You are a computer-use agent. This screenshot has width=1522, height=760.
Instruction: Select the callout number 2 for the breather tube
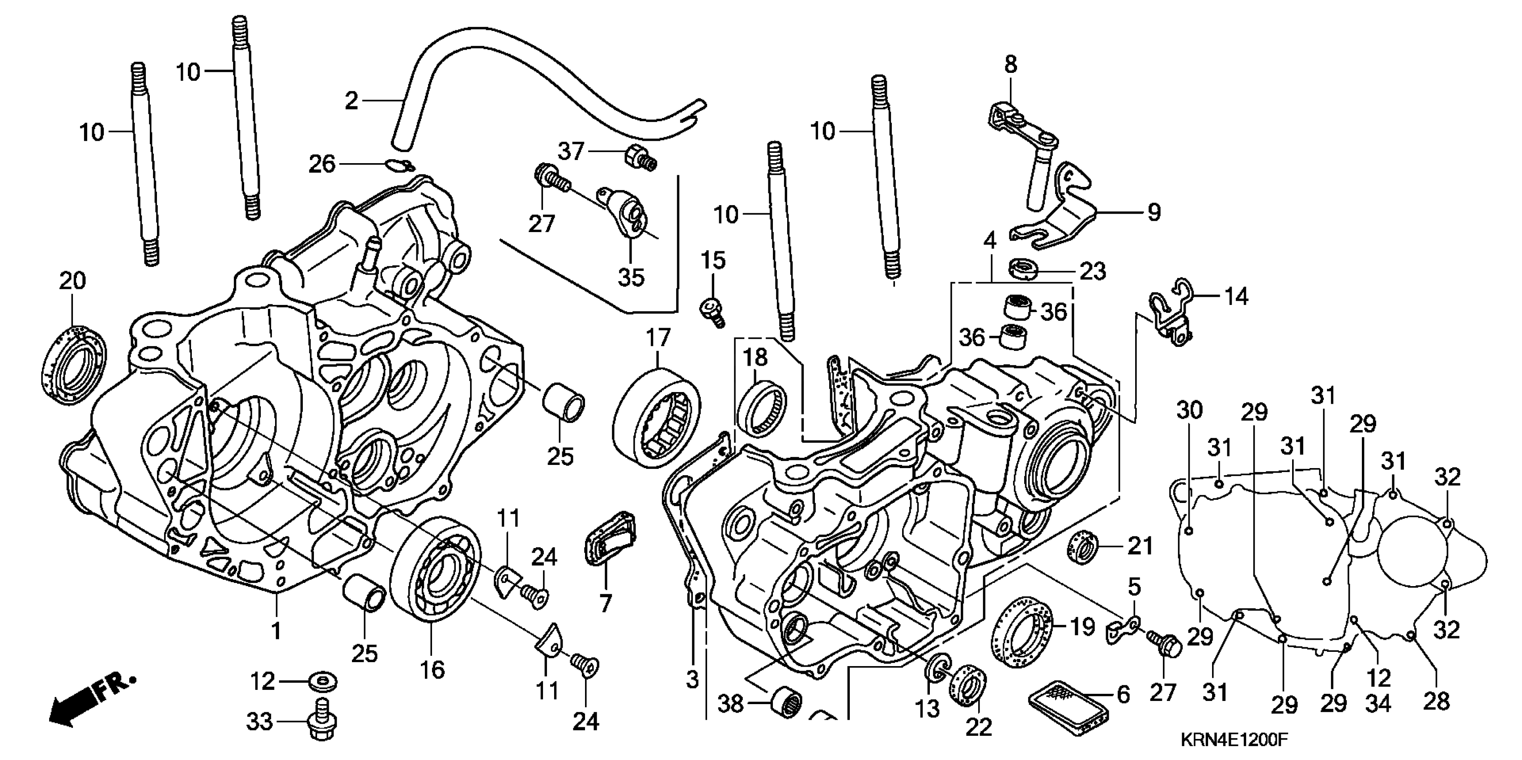(352, 101)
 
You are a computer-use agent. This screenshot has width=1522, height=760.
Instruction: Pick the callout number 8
(1011, 65)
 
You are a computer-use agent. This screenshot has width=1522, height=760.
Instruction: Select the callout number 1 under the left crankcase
(276, 631)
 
